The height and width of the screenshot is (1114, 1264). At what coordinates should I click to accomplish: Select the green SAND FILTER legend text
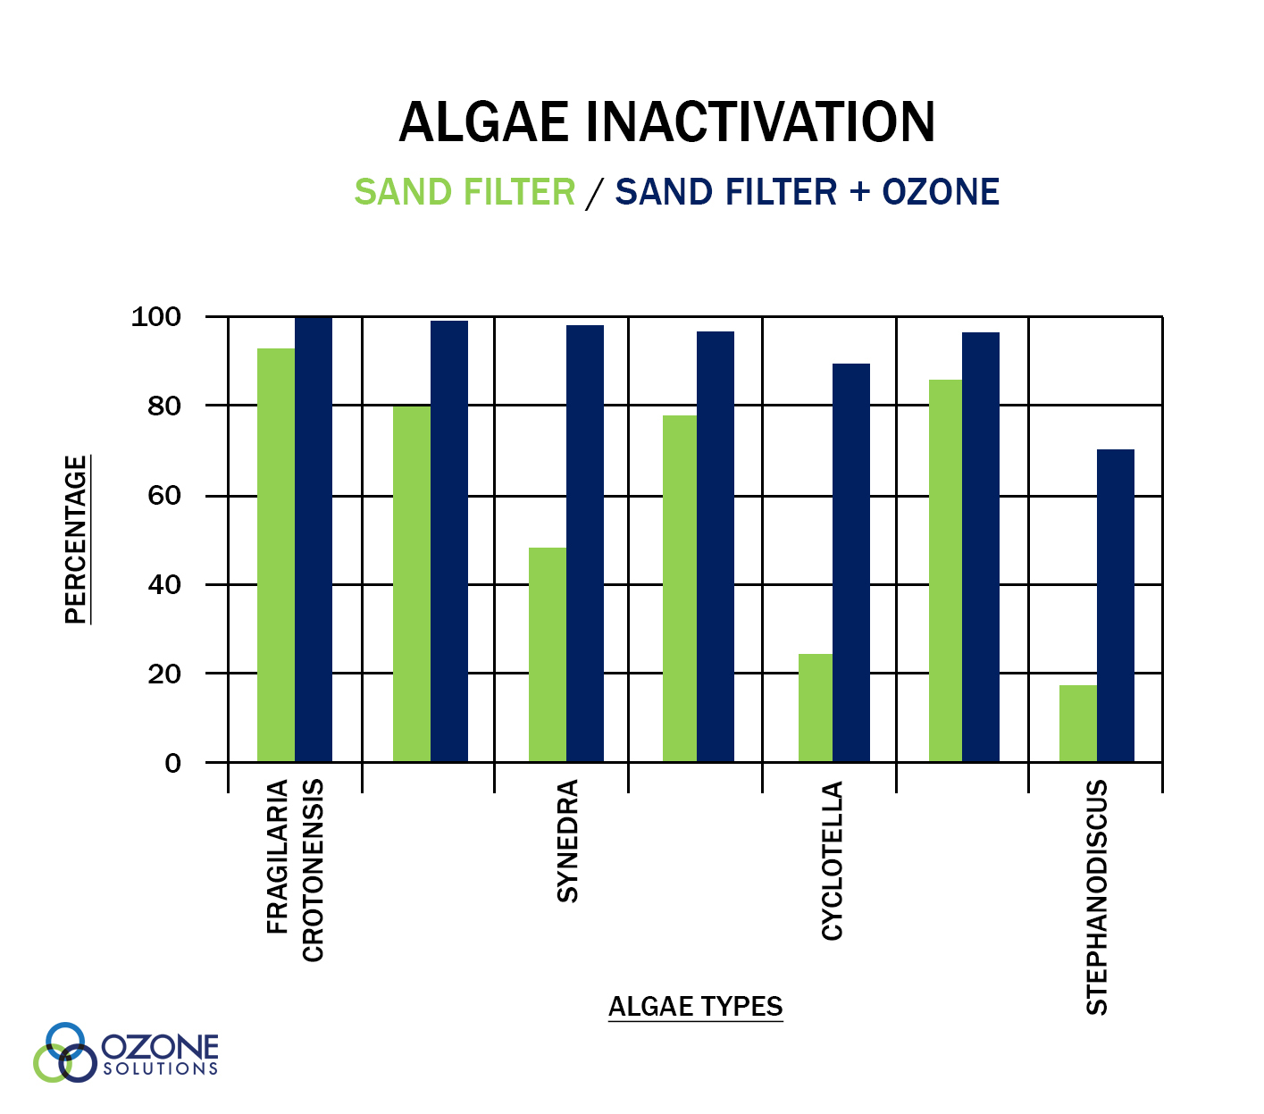tap(465, 191)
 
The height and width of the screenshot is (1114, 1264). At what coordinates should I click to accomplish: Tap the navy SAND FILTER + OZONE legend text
tap(807, 191)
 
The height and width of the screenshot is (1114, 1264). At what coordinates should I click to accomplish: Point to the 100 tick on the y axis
tap(155, 316)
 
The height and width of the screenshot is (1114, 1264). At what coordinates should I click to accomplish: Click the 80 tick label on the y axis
tap(164, 406)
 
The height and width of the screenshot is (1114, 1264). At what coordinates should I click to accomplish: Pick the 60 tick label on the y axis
tap(164, 496)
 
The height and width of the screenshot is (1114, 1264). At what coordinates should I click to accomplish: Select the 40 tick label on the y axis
tap(164, 585)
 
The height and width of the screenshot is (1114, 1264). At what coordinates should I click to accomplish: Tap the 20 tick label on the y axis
tap(164, 674)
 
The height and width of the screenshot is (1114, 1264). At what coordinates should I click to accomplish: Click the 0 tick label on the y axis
tap(172, 763)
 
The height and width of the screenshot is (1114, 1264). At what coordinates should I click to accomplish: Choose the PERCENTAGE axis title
tap(76, 540)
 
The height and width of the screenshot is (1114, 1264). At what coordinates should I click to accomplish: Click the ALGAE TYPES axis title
tap(695, 1006)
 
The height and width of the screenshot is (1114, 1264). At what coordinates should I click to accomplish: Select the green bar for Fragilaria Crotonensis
tap(276, 555)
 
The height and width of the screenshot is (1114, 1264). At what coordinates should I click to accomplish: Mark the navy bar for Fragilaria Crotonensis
tap(314, 540)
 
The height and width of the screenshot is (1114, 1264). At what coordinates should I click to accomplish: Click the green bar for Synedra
tap(548, 655)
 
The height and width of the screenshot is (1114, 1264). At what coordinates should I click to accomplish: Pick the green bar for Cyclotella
tap(815, 708)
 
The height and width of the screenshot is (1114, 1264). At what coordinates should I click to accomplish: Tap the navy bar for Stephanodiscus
tap(1115, 606)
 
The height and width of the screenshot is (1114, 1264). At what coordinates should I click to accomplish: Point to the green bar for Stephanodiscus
tap(1077, 724)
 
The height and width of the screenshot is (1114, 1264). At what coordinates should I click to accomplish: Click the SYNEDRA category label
tap(567, 841)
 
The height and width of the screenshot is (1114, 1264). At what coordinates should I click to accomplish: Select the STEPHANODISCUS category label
tap(1096, 897)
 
